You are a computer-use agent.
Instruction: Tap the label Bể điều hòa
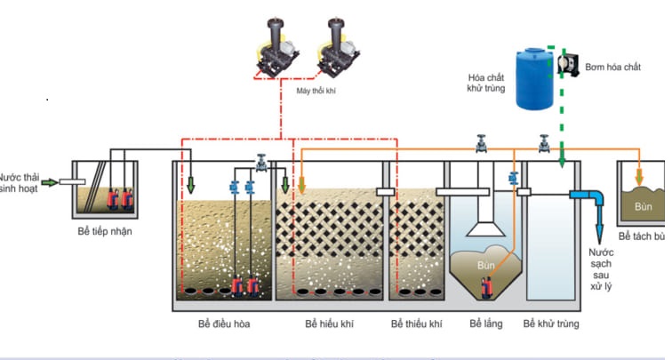point(224,324)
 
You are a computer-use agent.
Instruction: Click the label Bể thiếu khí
point(416,324)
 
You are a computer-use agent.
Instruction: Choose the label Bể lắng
point(485,324)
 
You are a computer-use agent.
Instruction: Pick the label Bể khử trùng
point(552,324)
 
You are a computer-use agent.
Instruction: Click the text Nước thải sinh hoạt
point(20,183)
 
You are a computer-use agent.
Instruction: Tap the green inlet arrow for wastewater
point(50,182)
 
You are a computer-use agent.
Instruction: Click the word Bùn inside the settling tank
point(484,265)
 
